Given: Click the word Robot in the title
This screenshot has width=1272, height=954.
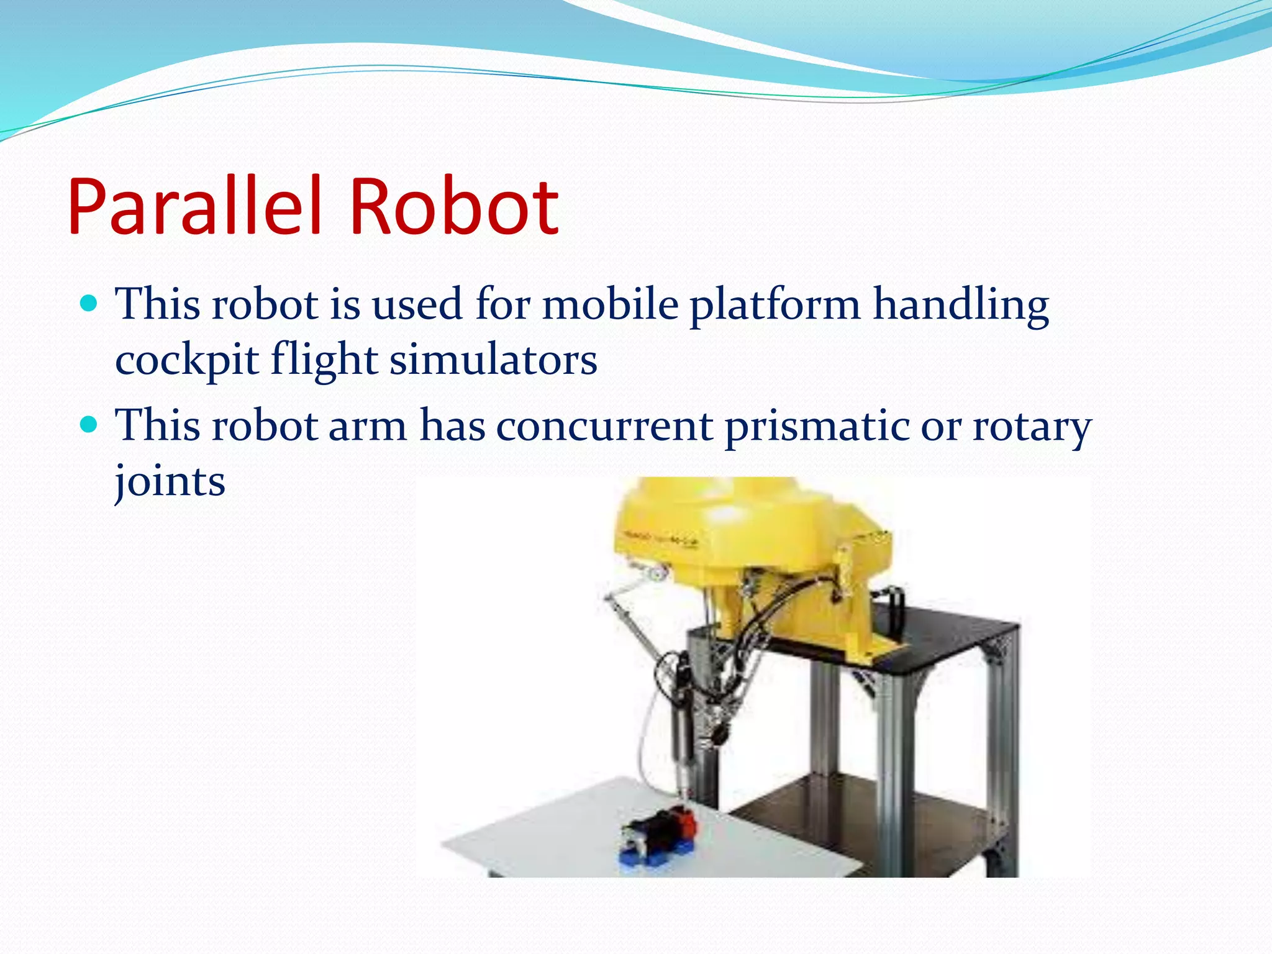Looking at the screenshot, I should [453, 206].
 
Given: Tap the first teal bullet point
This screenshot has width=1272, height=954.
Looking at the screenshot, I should [90, 304].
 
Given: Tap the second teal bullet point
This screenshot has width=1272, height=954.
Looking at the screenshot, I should [90, 425].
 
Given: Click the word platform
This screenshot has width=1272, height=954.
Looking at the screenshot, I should [775, 306].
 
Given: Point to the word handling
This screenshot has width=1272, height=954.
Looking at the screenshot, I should [961, 306].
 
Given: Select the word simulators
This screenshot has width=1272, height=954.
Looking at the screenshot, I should [493, 360].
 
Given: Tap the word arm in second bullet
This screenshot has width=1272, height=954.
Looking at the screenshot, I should [367, 427].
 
